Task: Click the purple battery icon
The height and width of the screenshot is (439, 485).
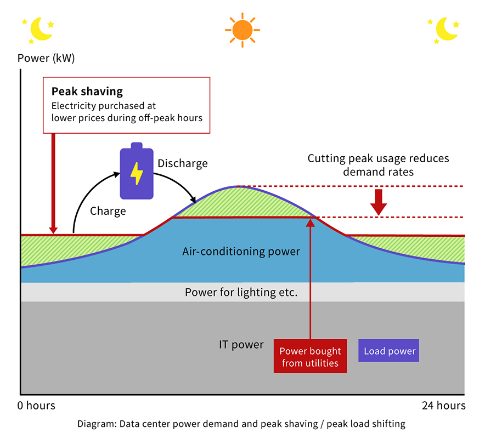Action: coord(137,172)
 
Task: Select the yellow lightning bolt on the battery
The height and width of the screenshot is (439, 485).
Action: coord(136,174)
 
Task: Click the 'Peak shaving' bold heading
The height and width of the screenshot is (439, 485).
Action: coord(87,92)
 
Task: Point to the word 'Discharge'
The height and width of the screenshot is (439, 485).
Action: coord(183,163)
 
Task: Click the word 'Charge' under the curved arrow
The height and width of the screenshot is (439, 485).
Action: coord(108,211)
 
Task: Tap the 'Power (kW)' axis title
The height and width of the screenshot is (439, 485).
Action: coord(46,58)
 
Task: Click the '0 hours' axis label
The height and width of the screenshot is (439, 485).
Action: coord(36,406)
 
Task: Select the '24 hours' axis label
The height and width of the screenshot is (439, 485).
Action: coord(443,406)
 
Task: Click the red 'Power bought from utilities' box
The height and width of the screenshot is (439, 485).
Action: coord(310,357)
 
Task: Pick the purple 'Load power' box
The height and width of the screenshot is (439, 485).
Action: coord(390,351)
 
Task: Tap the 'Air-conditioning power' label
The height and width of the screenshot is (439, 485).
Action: coord(241,252)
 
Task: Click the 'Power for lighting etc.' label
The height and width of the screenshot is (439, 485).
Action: coord(241,292)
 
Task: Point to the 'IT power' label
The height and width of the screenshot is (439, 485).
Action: coord(241,345)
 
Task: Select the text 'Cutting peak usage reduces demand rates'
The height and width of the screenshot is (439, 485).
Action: coord(378,165)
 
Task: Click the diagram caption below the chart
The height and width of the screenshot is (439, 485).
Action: coord(242,424)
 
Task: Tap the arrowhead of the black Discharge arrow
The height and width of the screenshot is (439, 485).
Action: coord(194,199)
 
